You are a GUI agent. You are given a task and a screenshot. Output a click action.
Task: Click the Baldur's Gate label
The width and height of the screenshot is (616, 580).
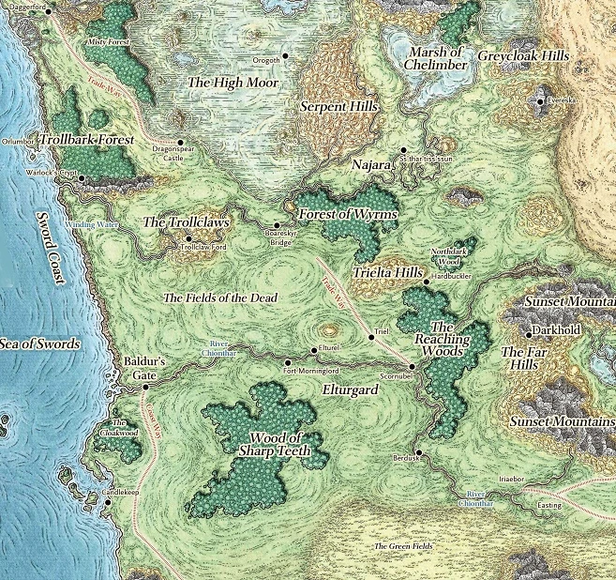[144, 368]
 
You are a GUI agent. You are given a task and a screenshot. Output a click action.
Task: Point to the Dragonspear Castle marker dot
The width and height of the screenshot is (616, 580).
[180, 143]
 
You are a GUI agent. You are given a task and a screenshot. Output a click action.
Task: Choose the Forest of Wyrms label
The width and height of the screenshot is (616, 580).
[349, 215]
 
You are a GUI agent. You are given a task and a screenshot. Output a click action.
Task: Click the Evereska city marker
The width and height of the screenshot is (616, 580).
[542, 99]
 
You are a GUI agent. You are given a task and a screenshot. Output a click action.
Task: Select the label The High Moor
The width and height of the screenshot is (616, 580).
[233, 84]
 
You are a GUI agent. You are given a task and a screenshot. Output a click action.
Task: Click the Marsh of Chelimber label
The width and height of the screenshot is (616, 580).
[434, 57]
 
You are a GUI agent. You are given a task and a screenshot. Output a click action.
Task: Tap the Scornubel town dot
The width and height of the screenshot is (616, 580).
[412, 365]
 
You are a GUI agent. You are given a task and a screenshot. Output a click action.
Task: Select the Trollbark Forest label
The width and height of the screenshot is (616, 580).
[87, 139]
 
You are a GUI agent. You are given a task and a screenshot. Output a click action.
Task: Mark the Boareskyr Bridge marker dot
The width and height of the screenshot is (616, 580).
[276, 225]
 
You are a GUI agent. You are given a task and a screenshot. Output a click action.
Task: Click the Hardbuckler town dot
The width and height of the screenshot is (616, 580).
[426, 281]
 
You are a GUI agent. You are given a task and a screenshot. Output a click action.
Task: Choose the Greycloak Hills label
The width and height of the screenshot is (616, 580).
[523, 56]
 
